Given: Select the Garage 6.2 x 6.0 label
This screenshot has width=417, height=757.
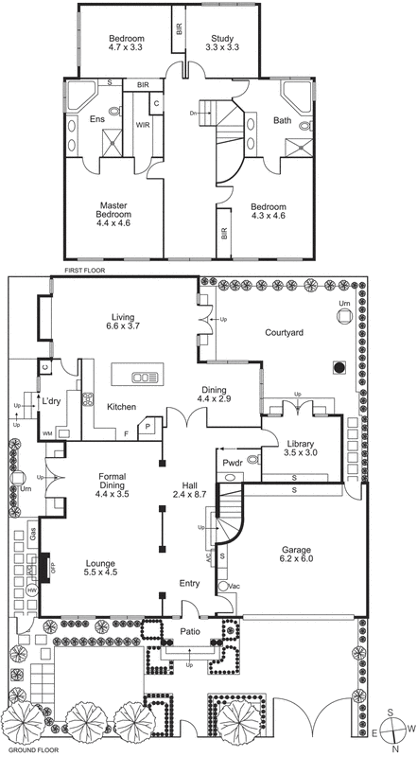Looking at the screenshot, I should tap(297, 554).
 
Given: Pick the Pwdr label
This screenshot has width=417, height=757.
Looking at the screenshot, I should tap(233, 462).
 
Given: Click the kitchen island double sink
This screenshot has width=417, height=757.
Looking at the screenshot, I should tap(146, 378).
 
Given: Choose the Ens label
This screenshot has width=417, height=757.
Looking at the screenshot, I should tap(96, 120).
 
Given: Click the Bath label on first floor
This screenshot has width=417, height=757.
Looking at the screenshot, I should tap(282, 120).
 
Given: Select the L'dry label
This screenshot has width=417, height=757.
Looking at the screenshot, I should tap(50, 401).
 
